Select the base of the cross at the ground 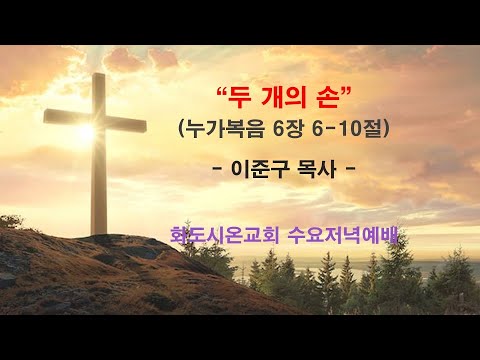(x=99, y=229)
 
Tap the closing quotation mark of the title (x=350, y=91)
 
